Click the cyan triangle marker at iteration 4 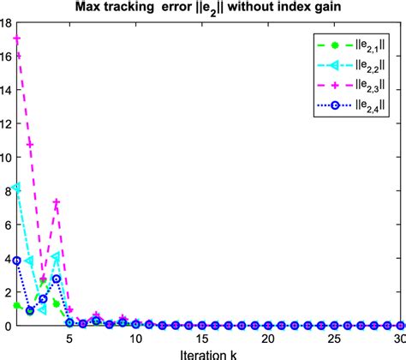pyautogui.click(x=57, y=256)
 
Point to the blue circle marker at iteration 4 pyautogui.click(x=57, y=279)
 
